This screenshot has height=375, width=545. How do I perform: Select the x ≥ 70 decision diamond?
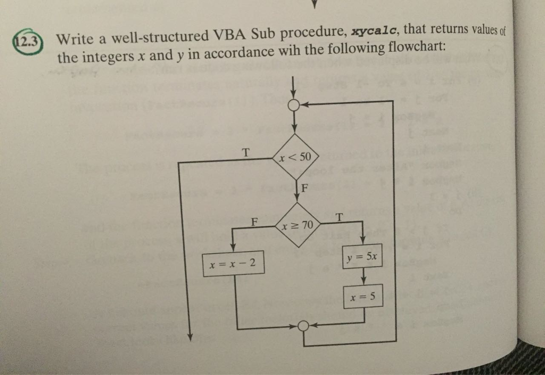[x=297, y=225]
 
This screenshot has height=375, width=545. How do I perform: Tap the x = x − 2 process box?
[x=233, y=263]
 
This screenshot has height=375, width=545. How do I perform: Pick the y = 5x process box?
[x=362, y=257]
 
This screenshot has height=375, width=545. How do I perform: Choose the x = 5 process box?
[x=363, y=296]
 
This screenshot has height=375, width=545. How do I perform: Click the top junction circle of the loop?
[x=294, y=105]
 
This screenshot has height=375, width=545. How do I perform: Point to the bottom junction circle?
[x=303, y=326]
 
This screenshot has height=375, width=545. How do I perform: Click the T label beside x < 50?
[x=246, y=152]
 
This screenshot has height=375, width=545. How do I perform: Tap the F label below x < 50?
[x=304, y=188]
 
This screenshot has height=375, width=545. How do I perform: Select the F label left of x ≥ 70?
[x=255, y=222]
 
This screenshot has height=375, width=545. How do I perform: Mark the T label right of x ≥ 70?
[x=339, y=218]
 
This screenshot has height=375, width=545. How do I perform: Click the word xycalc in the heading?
[x=374, y=31]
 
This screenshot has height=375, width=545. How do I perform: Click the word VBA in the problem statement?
[x=229, y=35]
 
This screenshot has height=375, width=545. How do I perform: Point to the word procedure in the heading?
[x=313, y=34]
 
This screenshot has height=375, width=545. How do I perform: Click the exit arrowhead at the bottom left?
[x=190, y=337]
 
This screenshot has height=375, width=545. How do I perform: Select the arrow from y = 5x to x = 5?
[x=363, y=276]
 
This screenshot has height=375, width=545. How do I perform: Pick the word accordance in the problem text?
[x=238, y=53]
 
